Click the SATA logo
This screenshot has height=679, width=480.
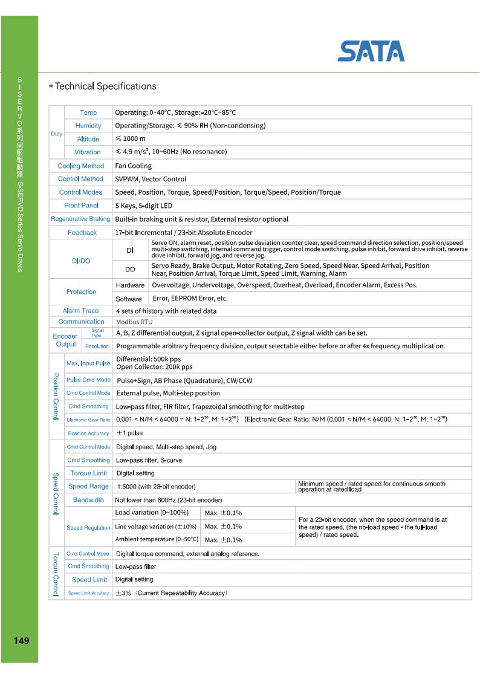[371, 51]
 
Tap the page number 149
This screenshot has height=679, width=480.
[19, 640]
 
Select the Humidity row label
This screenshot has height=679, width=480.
[88, 126]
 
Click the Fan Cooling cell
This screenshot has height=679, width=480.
[134, 166]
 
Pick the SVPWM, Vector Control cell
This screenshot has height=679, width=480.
[151, 179]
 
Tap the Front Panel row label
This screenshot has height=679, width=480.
[81, 206]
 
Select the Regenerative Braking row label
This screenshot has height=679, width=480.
[81, 219]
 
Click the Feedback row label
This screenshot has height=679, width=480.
[82, 232]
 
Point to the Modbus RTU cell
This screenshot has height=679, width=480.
[134, 322]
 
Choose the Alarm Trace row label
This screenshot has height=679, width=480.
[82, 311]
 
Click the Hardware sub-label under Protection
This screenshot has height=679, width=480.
[130, 285]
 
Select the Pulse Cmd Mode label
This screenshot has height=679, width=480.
[88, 380]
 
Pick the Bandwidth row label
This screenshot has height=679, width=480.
[88, 500]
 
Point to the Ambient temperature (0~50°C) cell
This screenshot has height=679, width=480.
[157, 539]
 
